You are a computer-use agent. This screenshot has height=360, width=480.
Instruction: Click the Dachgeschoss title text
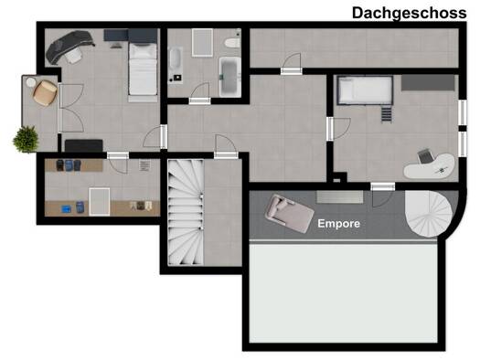tap(409, 13)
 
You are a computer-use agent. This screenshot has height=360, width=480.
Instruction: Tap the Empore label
tap(338, 224)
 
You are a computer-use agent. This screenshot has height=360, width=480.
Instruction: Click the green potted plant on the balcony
tap(26, 139)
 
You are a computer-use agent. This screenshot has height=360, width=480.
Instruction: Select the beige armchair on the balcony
tap(45, 93)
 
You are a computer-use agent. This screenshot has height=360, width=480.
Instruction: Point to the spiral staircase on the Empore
tap(429, 213)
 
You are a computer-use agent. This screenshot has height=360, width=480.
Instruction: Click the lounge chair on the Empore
tap(289, 213)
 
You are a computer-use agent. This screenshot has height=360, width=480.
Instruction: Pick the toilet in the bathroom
tap(232, 43)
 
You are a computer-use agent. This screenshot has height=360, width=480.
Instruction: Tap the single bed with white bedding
tap(143, 69)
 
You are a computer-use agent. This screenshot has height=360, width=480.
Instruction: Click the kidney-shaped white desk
tap(430, 166)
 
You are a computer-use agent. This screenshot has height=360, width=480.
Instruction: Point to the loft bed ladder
tap(387, 114)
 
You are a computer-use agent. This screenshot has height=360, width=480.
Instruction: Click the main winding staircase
tap(186, 212)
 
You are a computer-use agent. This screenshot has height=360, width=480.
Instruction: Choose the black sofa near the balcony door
tap(83, 145)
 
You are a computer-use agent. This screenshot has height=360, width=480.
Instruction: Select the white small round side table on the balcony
tap(31, 82)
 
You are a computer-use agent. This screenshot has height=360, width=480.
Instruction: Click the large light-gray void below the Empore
tap(344, 293)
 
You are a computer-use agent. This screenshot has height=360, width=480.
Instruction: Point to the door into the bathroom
tap(200, 101)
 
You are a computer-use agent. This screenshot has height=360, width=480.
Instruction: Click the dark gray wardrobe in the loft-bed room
tap(428, 82)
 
